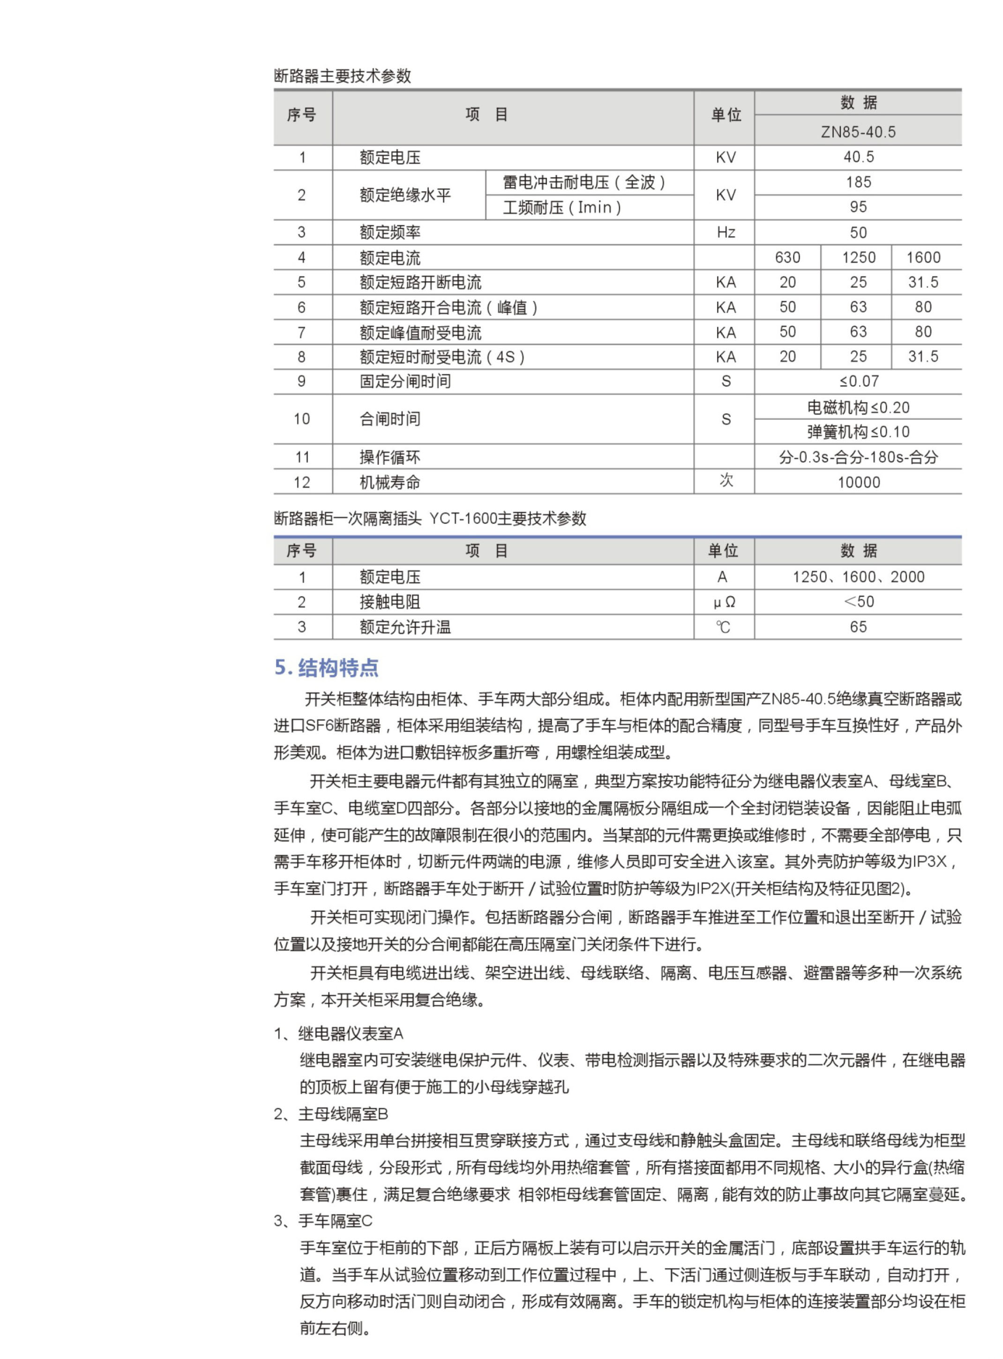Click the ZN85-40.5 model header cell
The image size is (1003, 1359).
coord(858,132)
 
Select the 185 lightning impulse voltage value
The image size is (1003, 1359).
coord(858,182)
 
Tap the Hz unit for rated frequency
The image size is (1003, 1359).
coord(726,232)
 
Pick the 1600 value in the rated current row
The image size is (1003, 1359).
coord(923,257)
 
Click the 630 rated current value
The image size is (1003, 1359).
coord(787,257)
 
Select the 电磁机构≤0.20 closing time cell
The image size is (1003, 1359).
coord(858,407)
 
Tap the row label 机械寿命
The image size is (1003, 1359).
coord(390,483)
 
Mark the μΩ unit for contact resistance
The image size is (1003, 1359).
coord(724,602)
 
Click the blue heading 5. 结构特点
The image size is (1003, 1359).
coord(327,668)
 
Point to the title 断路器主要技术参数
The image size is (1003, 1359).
coord(343,76)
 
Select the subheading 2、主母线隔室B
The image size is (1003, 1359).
coord(331,1114)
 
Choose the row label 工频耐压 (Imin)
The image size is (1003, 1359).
coord(561,208)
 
